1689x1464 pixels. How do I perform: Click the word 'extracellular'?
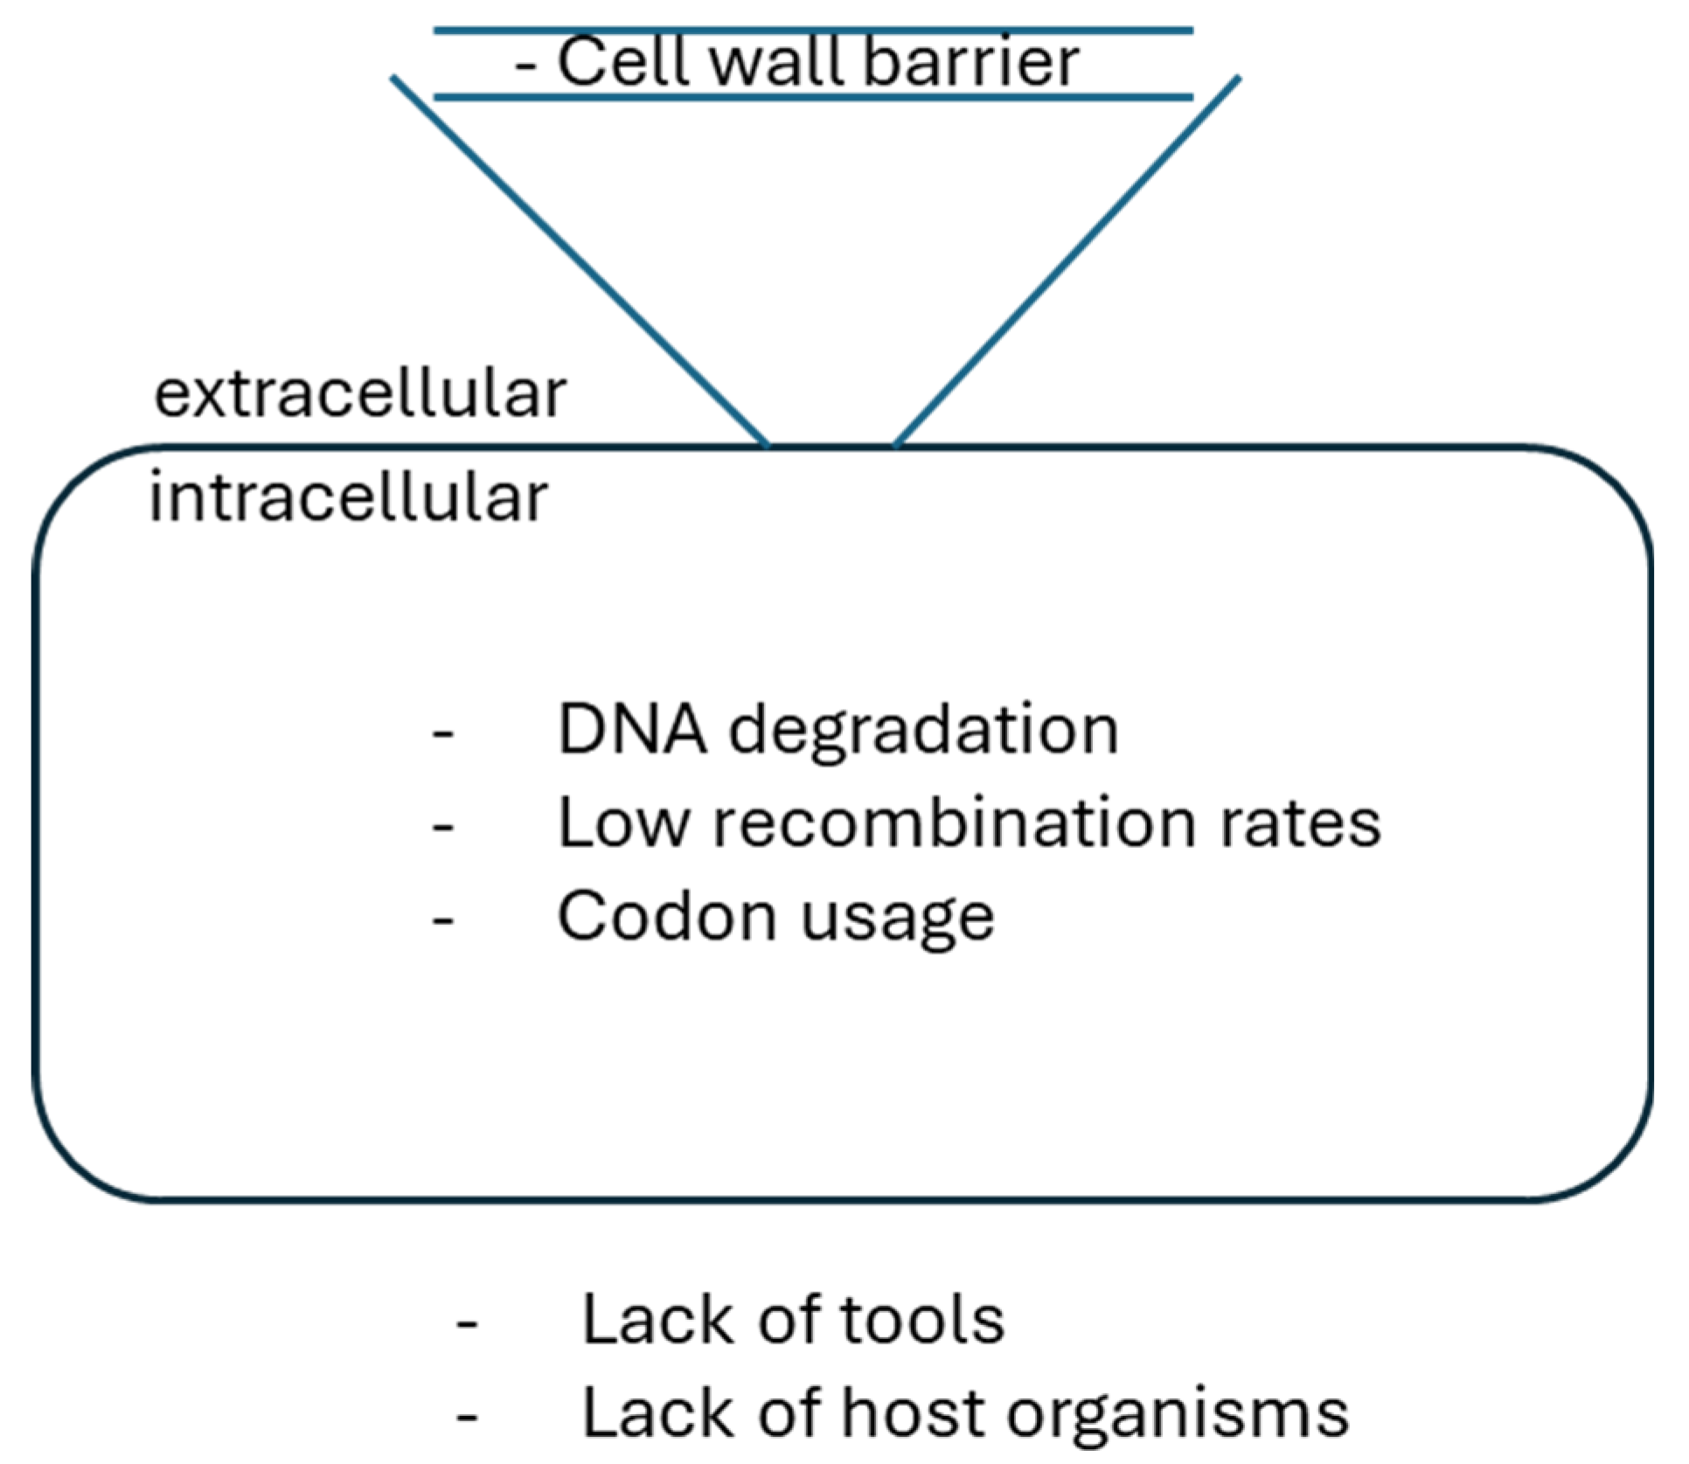(x=360, y=394)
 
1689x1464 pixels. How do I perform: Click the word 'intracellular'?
(x=349, y=496)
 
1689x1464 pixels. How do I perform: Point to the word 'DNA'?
(x=631, y=729)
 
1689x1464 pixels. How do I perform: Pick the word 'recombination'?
(x=955, y=822)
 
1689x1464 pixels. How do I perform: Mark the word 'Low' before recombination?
(x=623, y=822)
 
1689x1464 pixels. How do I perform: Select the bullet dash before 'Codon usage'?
(x=443, y=921)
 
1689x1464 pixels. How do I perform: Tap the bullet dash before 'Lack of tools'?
(x=467, y=1325)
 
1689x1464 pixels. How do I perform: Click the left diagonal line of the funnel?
(x=580, y=261)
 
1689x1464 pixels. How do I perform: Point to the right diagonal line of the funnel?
(x=1067, y=261)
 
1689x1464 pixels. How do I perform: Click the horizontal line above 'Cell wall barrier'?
(x=813, y=31)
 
